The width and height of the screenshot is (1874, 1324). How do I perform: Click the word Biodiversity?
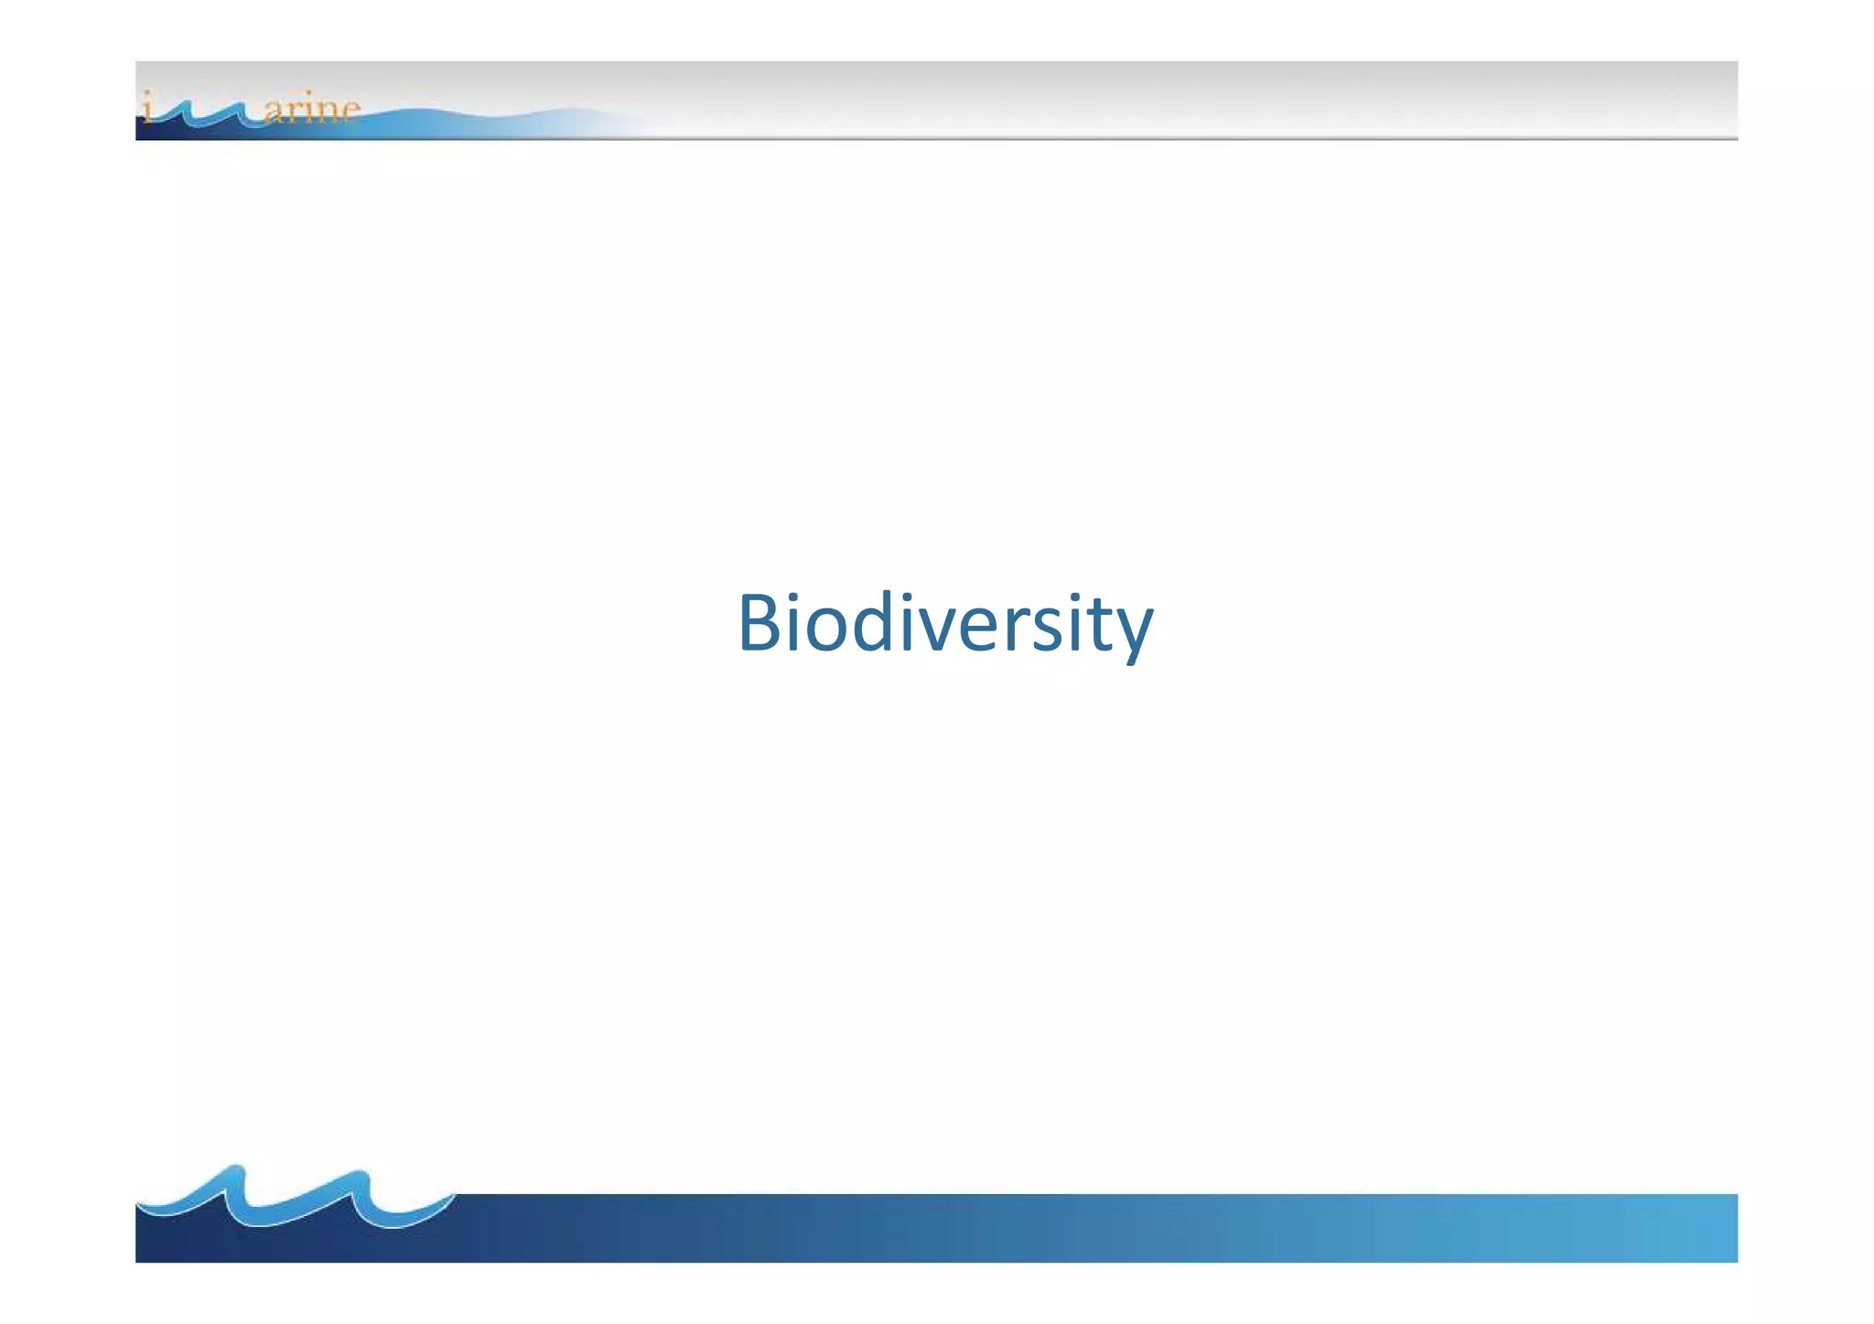pyautogui.click(x=945, y=624)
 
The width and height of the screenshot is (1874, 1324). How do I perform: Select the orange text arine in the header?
pyautogui.click(x=311, y=110)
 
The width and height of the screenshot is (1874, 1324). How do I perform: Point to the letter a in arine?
pyautogui.click(x=273, y=113)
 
